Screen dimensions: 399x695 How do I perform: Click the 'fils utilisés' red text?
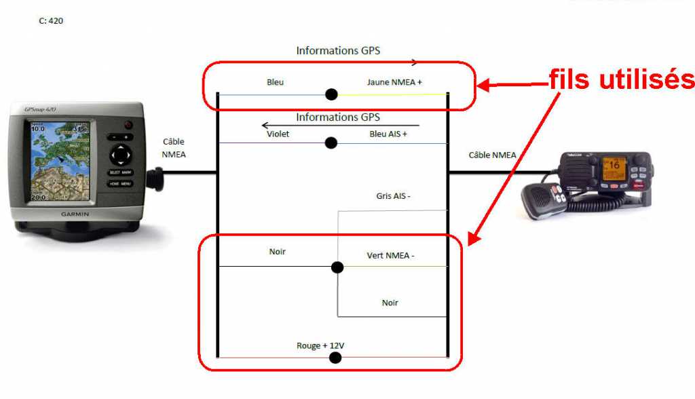pyautogui.click(x=622, y=80)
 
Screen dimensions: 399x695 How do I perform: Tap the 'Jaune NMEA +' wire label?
pyautogui.click(x=394, y=82)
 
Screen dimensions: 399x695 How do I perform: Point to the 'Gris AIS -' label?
pyautogui.click(x=394, y=196)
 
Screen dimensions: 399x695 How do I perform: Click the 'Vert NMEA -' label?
pyautogui.click(x=390, y=255)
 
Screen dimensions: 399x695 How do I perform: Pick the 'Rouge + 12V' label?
pyautogui.click(x=320, y=346)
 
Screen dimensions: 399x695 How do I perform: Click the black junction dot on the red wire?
pyautogui.click(x=335, y=358)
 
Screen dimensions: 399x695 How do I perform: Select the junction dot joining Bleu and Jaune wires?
pyautogui.click(x=331, y=94)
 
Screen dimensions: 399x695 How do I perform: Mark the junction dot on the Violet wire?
pyautogui.click(x=331, y=143)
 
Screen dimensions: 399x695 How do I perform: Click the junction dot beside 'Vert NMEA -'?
pyautogui.click(x=337, y=267)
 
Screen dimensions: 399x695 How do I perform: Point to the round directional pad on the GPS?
pyautogui.click(x=120, y=155)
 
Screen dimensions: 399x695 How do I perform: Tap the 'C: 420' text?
pyautogui.click(x=52, y=21)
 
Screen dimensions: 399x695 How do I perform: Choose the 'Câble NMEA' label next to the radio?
pyautogui.click(x=492, y=155)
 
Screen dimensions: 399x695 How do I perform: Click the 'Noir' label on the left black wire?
pyautogui.click(x=277, y=252)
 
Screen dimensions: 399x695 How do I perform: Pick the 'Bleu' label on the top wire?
pyautogui.click(x=275, y=82)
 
